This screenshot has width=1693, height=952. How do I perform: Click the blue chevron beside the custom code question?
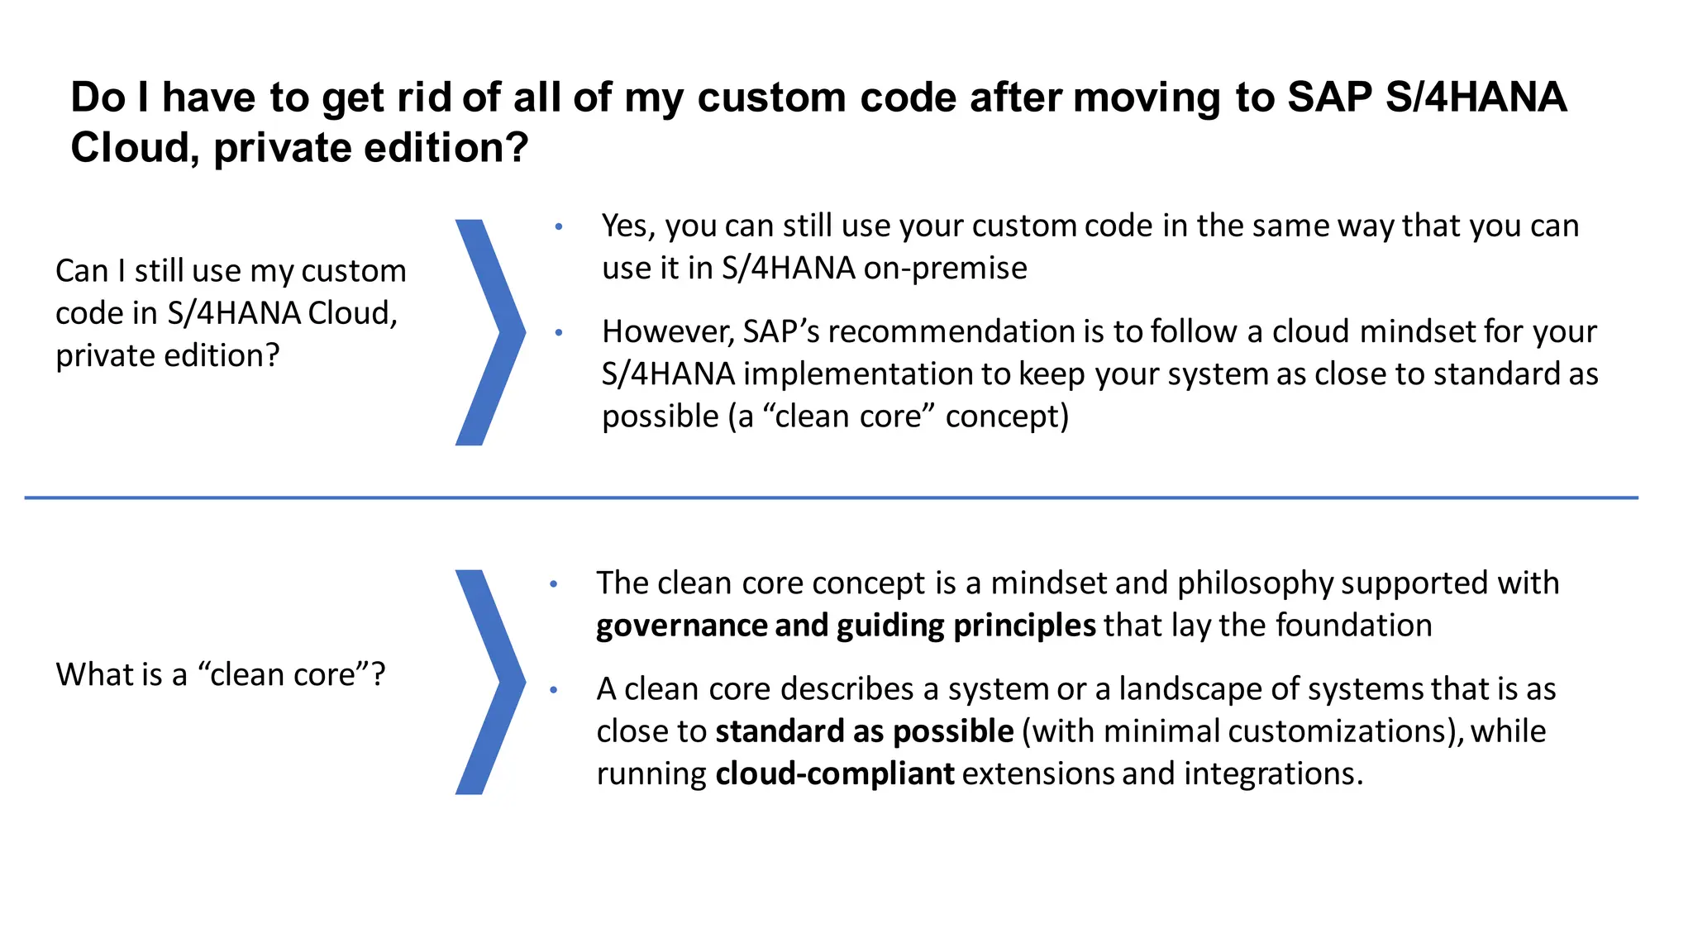(490, 332)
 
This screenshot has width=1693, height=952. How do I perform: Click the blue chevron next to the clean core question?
(490, 682)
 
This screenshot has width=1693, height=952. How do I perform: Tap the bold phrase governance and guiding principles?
(846, 626)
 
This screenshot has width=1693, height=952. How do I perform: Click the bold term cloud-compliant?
(834, 773)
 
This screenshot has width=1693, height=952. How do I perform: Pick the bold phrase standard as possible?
(864, 731)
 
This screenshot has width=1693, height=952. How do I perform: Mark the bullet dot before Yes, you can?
(559, 226)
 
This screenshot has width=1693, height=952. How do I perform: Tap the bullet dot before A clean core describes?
(553, 689)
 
